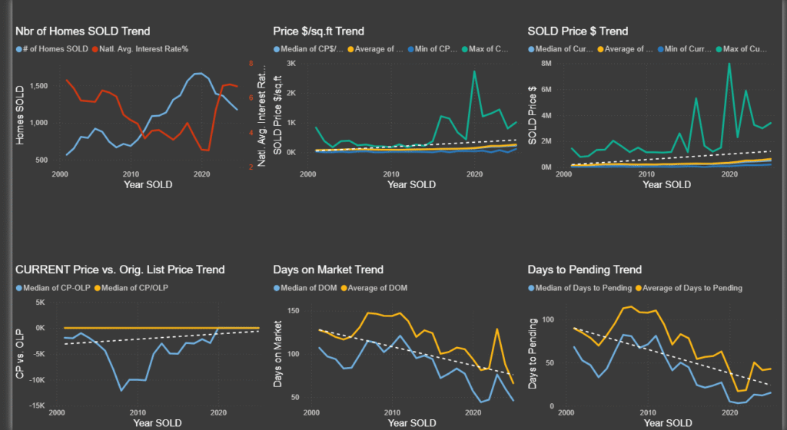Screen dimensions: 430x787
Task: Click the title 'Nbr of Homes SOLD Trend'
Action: click(x=83, y=31)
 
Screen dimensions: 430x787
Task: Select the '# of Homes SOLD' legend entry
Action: click(x=53, y=49)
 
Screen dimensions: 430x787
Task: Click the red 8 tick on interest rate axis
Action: click(x=250, y=63)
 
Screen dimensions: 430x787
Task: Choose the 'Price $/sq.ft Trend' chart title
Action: click(x=318, y=31)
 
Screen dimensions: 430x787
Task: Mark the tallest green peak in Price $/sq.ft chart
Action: click(x=474, y=71)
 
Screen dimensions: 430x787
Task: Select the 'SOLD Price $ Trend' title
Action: click(x=578, y=31)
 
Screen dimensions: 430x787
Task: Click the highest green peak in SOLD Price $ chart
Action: click(x=729, y=64)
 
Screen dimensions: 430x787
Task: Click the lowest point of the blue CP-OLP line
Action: click(x=121, y=391)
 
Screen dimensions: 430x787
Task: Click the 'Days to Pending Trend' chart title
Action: click(x=584, y=270)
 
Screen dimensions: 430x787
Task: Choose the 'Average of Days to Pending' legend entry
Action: click(x=695, y=288)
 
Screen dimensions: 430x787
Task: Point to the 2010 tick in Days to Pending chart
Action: click(x=647, y=412)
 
